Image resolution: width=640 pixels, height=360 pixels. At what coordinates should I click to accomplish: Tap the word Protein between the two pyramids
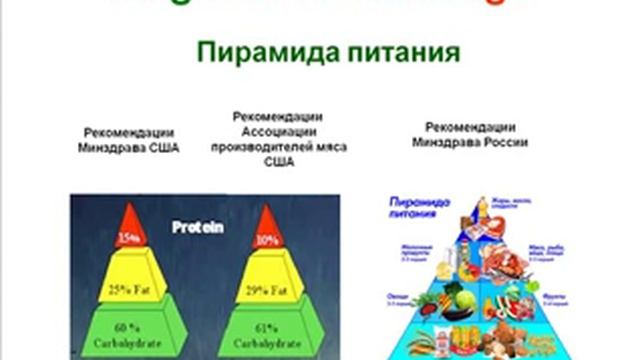[x=197, y=227]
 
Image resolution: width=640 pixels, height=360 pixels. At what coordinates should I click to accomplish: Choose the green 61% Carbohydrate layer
[x=267, y=332]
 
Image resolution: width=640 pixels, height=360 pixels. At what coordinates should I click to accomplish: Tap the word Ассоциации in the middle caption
[x=275, y=131]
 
